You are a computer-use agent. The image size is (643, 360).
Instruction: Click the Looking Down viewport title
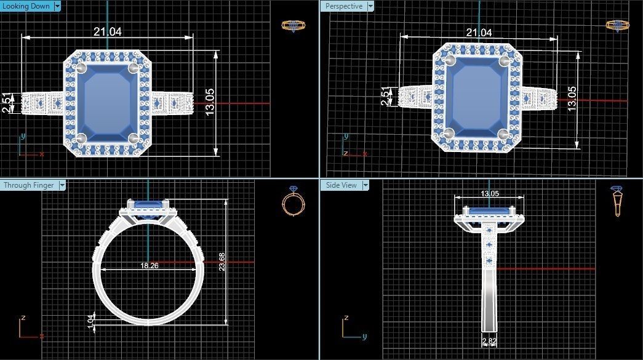(26, 6)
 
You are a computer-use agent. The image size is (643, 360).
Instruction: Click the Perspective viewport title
(343, 6)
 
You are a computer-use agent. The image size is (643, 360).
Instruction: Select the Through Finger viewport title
(28, 185)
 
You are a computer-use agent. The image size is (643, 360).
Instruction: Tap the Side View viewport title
(341, 185)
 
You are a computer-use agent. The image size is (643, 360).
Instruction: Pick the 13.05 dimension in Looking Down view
(210, 103)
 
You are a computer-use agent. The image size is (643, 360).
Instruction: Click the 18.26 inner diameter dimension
(150, 265)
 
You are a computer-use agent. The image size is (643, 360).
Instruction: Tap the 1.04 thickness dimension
(92, 320)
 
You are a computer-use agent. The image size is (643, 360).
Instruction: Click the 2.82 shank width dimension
(489, 341)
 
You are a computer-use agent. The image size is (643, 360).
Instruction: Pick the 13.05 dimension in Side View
(490, 193)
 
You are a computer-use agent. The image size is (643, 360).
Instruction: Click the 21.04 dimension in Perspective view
(479, 33)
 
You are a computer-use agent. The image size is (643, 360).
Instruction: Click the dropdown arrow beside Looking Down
(57, 6)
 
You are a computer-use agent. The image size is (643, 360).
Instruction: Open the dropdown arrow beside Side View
(365, 185)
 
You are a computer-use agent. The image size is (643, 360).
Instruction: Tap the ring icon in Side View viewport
(616, 201)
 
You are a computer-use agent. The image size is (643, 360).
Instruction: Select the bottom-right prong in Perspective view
(504, 134)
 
